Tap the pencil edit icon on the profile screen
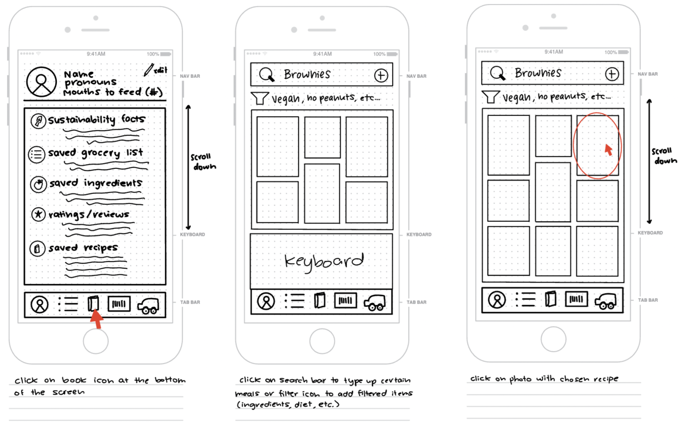(149, 70)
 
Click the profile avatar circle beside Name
(41, 82)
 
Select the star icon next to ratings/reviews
(38, 214)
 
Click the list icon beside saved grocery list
(37, 155)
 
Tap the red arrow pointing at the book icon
(97, 319)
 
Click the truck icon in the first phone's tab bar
(148, 306)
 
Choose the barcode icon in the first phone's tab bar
(119, 304)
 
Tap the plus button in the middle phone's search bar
(381, 75)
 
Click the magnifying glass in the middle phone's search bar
(266, 75)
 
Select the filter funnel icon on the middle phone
(259, 98)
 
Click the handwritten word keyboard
(324, 262)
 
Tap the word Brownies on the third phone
(538, 73)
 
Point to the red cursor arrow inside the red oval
(608, 150)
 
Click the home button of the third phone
(553, 339)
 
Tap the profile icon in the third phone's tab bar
(497, 300)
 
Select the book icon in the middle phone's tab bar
(320, 300)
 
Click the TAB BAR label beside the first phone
(190, 302)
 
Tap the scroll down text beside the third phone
(664, 156)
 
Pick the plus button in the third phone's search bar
(612, 74)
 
